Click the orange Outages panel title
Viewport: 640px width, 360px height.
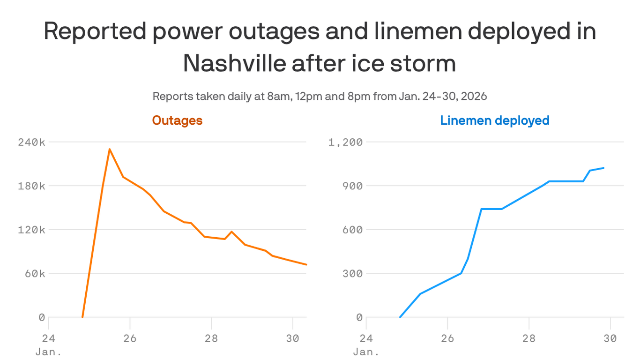pyautogui.click(x=177, y=120)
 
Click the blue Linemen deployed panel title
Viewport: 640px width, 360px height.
pyautogui.click(x=494, y=120)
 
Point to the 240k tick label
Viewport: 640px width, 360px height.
pyautogui.click(x=31, y=142)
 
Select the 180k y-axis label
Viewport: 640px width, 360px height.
pyautogui.click(x=31, y=186)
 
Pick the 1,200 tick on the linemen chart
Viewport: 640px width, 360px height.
pyautogui.click(x=345, y=142)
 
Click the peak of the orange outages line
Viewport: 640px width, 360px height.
pyautogui.click(x=109, y=149)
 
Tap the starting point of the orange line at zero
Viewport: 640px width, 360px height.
pyautogui.click(x=82, y=317)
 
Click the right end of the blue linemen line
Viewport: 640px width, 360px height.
pyautogui.click(x=604, y=168)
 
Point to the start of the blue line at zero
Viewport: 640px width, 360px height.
pyautogui.click(x=400, y=317)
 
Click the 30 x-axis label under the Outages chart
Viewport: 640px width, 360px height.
pyautogui.click(x=292, y=337)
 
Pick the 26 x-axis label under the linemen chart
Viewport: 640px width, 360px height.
pyautogui.click(x=447, y=337)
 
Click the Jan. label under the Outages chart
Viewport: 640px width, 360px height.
pyautogui.click(x=48, y=352)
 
